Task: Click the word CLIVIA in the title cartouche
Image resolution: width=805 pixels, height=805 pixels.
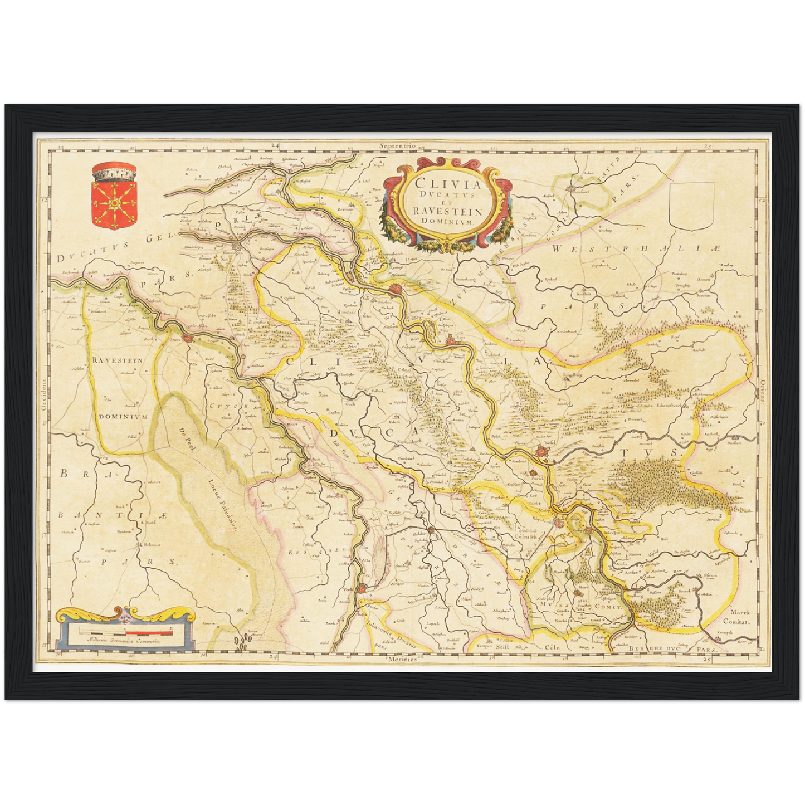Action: click(x=440, y=183)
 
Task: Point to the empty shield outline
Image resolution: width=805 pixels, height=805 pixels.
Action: click(x=691, y=204)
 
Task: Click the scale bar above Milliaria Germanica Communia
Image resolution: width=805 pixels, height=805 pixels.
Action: click(x=126, y=631)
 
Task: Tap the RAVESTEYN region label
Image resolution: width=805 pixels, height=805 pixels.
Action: click(x=118, y=360)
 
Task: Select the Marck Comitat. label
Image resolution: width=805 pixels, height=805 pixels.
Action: click(x=736, y=616)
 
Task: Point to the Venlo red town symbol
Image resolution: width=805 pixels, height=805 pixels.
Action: click(x=363, y=587)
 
